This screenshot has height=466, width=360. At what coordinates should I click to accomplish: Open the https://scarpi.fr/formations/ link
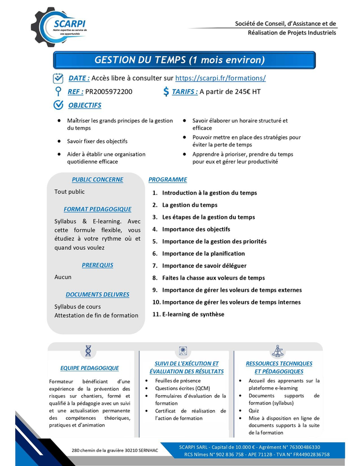coord(220,78)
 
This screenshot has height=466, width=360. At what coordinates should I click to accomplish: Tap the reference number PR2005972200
coord(109,92)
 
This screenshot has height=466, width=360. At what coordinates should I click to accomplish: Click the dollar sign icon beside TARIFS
coord(165,92)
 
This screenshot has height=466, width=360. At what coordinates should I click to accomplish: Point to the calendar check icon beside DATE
coord(58,78)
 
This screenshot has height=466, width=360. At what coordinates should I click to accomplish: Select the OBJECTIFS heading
coord(85,105)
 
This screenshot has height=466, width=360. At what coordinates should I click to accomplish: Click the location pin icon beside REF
coord(57,92)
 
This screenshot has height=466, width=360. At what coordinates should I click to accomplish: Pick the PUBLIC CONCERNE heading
coord(97,180)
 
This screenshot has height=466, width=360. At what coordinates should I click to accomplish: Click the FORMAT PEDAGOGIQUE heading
coord(97,209)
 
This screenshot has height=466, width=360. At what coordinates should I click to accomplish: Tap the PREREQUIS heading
coord(97,265)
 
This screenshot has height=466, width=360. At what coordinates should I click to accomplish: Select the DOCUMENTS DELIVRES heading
coord(97,294)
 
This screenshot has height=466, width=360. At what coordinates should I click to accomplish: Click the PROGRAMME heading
coord(168,180)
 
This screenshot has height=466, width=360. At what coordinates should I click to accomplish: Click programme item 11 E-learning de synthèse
coord(193,314)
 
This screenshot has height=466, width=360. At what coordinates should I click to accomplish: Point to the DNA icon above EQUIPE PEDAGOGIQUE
coord(89,351)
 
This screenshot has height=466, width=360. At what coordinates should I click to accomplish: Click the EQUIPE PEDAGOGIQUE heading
coord(89,368)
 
